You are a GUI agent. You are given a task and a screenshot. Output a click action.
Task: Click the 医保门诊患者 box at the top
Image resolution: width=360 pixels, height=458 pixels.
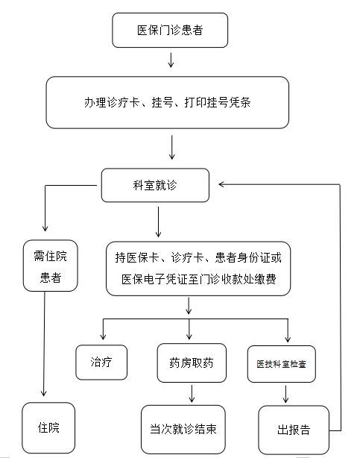170,30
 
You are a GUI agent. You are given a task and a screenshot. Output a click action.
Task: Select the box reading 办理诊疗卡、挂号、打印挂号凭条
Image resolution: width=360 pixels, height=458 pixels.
167,102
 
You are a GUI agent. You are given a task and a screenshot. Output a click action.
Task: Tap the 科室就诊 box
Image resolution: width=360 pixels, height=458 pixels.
155,185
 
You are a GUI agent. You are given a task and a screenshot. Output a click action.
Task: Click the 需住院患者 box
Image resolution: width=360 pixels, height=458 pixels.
50,266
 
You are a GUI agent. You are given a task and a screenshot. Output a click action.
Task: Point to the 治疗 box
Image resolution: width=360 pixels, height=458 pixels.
101,363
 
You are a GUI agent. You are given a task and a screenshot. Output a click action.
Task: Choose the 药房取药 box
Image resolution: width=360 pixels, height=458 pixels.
192,363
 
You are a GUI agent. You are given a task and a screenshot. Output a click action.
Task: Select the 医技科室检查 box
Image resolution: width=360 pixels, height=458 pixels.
282,364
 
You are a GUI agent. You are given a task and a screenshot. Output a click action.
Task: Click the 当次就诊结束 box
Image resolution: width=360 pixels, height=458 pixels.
183,429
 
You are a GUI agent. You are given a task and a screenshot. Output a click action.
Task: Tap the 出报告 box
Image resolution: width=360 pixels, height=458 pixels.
294,430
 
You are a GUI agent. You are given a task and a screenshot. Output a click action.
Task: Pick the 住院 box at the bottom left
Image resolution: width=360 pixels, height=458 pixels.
48,427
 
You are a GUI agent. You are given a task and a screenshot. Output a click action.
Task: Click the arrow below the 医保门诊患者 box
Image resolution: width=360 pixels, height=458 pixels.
171,60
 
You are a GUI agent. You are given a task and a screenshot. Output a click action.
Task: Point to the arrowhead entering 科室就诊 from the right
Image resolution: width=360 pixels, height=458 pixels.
221,184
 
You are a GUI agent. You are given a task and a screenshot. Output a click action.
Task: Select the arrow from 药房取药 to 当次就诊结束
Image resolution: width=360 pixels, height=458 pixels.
192,394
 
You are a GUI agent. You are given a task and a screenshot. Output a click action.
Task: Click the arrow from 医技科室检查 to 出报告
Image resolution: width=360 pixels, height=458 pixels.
286,395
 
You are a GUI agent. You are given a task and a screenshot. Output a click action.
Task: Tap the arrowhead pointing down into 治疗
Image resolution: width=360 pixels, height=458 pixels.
103,336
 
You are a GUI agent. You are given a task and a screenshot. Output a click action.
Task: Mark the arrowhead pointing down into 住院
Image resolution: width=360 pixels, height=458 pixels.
44,393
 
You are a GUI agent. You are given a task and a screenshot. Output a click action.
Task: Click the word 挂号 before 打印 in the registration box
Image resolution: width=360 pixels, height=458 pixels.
162,102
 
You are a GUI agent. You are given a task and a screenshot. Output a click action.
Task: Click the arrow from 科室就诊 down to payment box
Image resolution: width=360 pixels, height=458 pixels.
158,222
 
